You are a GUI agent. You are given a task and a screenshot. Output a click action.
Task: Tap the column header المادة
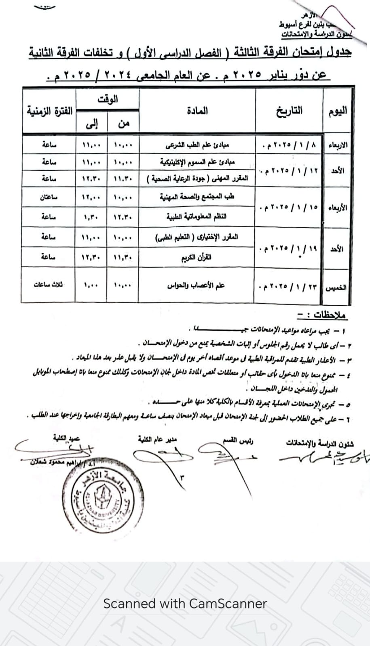pyautogui.click(x=197, y=111)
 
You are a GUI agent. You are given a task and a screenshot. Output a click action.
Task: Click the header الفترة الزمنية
pyautogui.click(x=49, y=111)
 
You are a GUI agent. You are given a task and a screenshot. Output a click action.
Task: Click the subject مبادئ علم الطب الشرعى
pyautogui.click(x=197, y=145)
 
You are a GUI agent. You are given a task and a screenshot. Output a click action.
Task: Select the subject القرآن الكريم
pyautogui.click(x=197, y=257)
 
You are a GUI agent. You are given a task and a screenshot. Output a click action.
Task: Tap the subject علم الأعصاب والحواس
pyautogui.click(x=196, y=285)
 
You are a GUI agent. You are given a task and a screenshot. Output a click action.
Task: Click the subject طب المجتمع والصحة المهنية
pyautogui.click(x=197, y=197)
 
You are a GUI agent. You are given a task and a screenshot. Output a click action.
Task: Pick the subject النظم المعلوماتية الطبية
pyautogui.click(x=197, y=217)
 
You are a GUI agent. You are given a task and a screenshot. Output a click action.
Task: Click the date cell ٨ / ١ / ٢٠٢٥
pyautogui.click(x=290, y=145)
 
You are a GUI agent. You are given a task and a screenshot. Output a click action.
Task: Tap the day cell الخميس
pyautogui.click(x=336, y=287)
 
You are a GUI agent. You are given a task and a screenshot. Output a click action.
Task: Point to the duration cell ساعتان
pyautogui.click(x=49, y=197)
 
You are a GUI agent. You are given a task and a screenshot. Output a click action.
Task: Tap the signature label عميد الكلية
pyautogui.click(x=66, y=438)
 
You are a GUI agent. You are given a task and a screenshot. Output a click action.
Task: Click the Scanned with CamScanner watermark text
pyautogui.click(x=185, y=604)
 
